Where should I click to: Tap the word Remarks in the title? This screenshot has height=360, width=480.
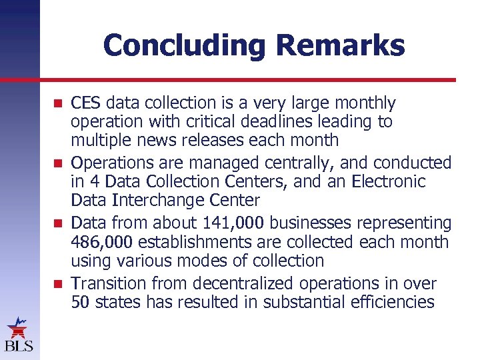pos(340,45)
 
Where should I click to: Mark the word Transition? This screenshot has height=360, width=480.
pos(106,283)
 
